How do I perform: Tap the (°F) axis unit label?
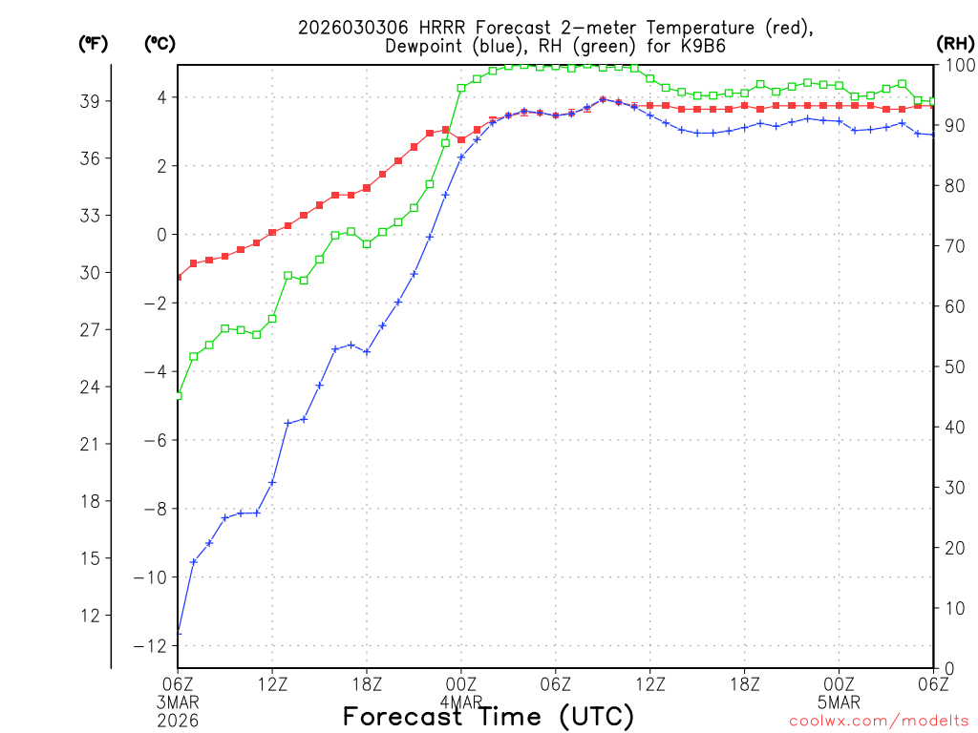[x=94, y=44]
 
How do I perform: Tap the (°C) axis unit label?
[x=160, y=44]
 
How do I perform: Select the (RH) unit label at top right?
[x=955, y=44]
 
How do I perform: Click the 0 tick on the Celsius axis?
[x=161, y=235]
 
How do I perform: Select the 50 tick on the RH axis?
[x=951, y=366]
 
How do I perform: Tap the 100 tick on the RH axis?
[x=955, y=65]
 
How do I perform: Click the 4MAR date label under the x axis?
[x=460, y=702]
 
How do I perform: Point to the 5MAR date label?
[x=839, y=702]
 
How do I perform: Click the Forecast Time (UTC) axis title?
[x=488, y=716]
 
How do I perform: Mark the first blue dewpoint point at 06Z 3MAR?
[x=179, y=632]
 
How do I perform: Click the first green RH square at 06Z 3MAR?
[x=179, y=395]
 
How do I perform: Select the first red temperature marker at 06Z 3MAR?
[x=179, y=277]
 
